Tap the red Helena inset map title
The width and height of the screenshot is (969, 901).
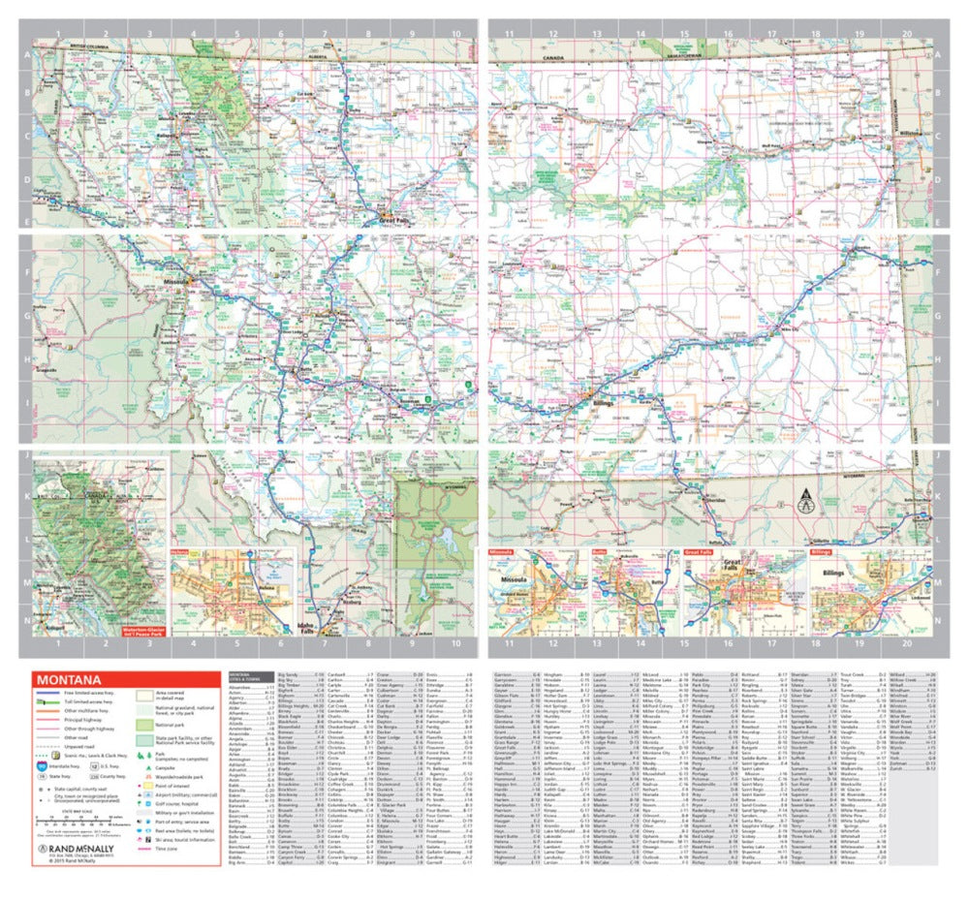point(180,555)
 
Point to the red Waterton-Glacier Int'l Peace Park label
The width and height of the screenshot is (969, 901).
point(145,631)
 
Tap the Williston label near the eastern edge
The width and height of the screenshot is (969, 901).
point(910,129)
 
